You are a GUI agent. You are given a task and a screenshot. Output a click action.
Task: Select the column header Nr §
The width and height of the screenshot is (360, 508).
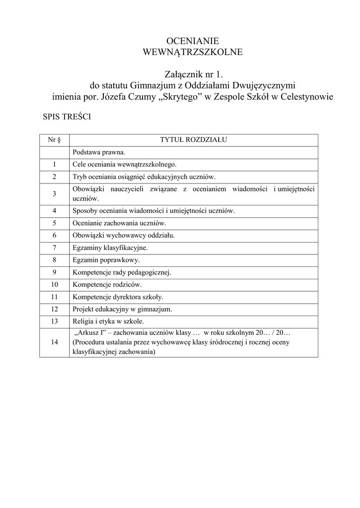pyautogui.click(x=54, y=140)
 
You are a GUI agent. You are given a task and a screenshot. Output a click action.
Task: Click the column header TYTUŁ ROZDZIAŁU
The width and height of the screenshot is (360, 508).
pyautogui.click(x=193, y=140)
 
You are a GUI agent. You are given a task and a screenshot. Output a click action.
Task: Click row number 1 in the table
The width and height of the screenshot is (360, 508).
pyautogui.click(x=54, y=164)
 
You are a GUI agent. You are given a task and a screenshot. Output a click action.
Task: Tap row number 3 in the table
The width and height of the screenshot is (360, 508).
pyautogui.click(x=54, y=193)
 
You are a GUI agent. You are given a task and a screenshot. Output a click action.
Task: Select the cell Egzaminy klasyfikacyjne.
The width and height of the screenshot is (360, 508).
pyautogui.click(x=110, y=247)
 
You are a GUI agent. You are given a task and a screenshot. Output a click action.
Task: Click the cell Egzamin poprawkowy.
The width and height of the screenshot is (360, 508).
pyautogui.click(x=106, y=259)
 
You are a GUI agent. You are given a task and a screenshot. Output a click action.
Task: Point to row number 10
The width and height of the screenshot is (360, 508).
pyautogui.click(x=54, y=285)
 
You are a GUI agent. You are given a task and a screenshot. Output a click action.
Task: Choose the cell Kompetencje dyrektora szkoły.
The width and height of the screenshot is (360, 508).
pyautogui.click(x=118, y=297)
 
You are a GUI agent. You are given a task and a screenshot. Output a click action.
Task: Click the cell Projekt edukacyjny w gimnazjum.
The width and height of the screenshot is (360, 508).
pyautogui.click(x=122, y=309)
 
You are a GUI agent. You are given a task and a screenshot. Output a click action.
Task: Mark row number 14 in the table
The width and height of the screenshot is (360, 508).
pyautogui.click(x=54, y=342)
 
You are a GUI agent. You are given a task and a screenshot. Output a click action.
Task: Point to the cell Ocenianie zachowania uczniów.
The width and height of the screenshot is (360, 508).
pyautogui.click(x=119, y=223)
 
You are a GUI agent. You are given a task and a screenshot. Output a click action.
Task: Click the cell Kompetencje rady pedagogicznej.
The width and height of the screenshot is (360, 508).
pyautogui.click(x=122, y=272)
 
